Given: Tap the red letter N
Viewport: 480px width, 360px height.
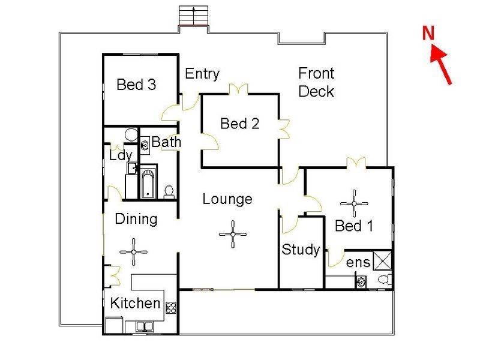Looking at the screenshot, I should [428, 34].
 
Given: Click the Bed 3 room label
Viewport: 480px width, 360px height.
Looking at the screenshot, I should [136, 85].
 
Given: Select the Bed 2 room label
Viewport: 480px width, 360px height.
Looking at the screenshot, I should [239, 124].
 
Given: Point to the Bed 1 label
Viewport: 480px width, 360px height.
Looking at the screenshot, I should [353, 226].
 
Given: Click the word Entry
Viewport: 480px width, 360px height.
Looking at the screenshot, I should [202, 74].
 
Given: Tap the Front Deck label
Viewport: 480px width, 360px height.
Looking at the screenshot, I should [316, 82].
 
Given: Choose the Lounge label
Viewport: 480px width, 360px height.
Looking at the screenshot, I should [227, 199].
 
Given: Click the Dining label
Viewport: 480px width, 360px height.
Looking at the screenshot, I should [136, 219].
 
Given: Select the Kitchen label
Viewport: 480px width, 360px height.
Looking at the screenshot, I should [135, 303].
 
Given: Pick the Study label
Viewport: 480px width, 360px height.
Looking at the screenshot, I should [301, 250].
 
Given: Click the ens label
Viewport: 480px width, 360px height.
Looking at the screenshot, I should [358, 262].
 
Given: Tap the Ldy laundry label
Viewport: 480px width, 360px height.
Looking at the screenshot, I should [121, 155].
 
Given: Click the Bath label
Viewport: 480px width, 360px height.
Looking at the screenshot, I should [166, 142].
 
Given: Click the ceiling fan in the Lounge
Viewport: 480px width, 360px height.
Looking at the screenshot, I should [232, 233].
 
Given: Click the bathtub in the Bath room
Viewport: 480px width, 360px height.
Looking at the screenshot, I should [148, 182].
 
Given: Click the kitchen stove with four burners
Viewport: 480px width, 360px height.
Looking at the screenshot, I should [171, 308].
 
